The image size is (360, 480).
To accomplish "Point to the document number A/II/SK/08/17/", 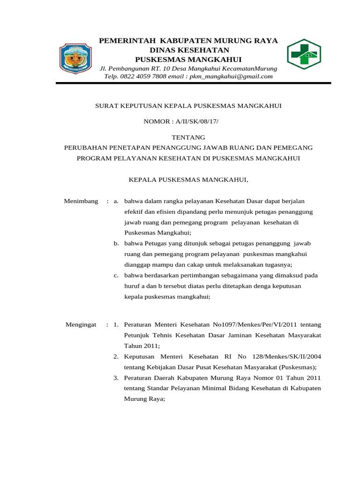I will coord(197,122).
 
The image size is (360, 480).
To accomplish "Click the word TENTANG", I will coord(188,137).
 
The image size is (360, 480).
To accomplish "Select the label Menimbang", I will coord(81,201).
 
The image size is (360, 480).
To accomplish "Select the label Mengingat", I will coord(80,324).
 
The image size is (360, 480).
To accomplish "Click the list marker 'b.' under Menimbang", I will coord(116,244).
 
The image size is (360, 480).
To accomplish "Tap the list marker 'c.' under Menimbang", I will coord(116,275).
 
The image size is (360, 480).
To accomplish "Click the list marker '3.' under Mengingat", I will coord(116,377).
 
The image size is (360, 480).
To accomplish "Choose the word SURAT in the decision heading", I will coord(105,106).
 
